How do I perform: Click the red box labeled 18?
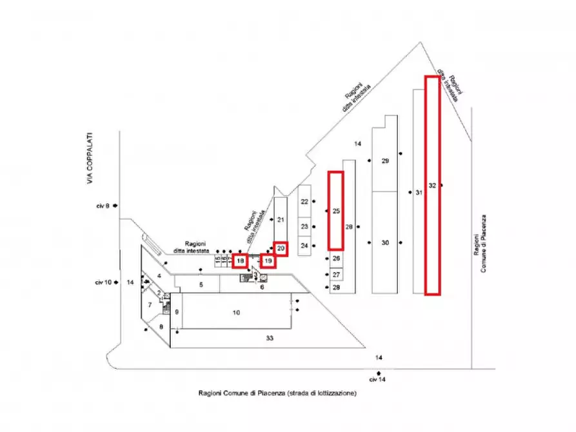pyautogui.click(x=240, y=261)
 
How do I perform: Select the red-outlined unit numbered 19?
pyautogui.click(x=269, y=261)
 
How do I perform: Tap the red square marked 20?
pyautogui.click(x=281, y=248)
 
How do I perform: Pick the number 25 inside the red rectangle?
pyautogui.click(x=336, y=211)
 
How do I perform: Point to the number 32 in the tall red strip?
pyautogui.click(x=433, y=186)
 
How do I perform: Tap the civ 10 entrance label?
pyautogui.click(x=103, y=282)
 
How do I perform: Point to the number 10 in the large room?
pyautogui.click(x=236, y=313)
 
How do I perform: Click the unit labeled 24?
pyautogui.click(x=305, y=246)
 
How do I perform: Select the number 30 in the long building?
pyautogui.click(x=385, y=243)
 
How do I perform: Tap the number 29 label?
pyautogui.click(x=385, y=161)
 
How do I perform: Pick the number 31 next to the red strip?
pyautogui.click(x=419, y=192)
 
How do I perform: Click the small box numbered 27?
pyautogui.click(x=336, y=274)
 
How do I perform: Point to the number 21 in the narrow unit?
pyautogui.click(x=281, y=220)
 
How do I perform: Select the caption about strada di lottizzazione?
pyautogui.click(x=277, y=392)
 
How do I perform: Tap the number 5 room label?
pyautogui.click(x=201, y=284)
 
